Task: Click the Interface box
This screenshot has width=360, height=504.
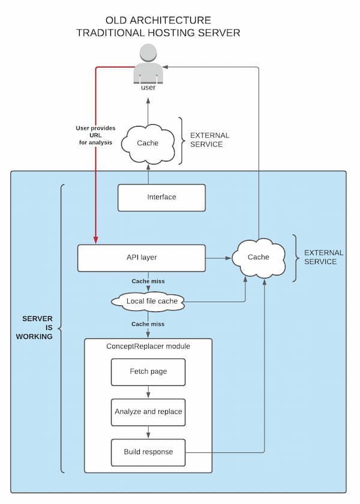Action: click(161, 197)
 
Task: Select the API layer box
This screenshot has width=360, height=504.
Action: click(142, 257)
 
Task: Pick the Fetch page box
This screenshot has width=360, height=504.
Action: click(148, 371)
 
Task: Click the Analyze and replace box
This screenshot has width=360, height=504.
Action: click(148, 412)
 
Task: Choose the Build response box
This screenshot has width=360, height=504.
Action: click(148, 452)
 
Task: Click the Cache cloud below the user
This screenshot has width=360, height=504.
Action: click(148, 143)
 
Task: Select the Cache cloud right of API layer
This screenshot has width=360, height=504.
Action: click(259, 257)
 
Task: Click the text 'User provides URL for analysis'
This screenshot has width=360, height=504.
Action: click(95, 136)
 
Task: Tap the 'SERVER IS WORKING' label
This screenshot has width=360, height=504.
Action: click(37, 327)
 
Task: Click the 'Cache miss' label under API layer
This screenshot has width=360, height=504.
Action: click(148, 281)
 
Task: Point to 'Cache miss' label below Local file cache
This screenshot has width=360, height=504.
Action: click(148, 324)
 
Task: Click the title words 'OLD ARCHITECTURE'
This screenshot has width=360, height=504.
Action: click(158, 20)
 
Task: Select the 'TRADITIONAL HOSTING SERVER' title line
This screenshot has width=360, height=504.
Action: click(158, 33)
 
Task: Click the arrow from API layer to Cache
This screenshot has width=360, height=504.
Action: click(219, 258)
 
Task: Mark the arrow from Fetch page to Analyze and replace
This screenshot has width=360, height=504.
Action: click(148, 392)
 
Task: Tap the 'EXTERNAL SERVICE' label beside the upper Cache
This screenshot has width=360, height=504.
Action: click(206, 140)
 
